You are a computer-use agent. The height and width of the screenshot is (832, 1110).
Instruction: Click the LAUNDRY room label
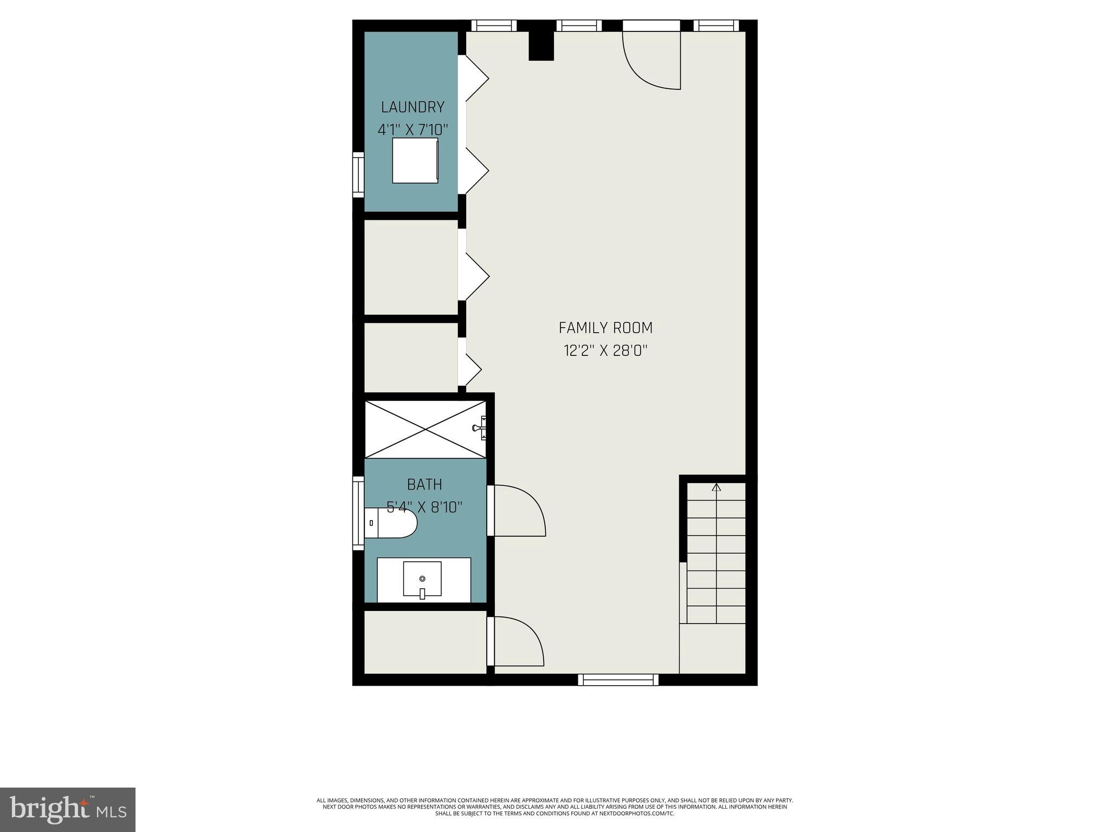click(412, 107)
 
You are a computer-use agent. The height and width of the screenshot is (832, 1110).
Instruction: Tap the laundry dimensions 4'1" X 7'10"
click(413, 131)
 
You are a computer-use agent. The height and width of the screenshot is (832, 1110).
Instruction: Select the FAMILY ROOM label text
click(605, 328)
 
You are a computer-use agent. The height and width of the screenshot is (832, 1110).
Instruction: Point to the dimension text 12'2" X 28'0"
click(605, 351)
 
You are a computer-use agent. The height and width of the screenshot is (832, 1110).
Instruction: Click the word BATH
click(424, 484)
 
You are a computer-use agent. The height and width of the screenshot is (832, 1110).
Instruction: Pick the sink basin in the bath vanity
click(422, 578)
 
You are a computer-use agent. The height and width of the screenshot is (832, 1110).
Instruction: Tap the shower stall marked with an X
click(425, 429)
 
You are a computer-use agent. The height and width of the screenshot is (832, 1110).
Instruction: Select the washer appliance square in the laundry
click(415, 160)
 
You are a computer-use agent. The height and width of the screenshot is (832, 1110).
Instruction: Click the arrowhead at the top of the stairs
click(717, 487)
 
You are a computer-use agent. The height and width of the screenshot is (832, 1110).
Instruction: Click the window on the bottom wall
click(618, 679)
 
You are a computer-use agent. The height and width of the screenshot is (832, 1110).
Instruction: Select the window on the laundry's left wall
click(358, 174)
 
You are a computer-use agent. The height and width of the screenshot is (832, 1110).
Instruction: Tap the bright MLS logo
click(68, 809)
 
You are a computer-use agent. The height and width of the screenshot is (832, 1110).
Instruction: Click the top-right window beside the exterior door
click(715, 25)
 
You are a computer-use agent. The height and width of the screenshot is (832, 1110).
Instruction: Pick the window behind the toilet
click(358, 513)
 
